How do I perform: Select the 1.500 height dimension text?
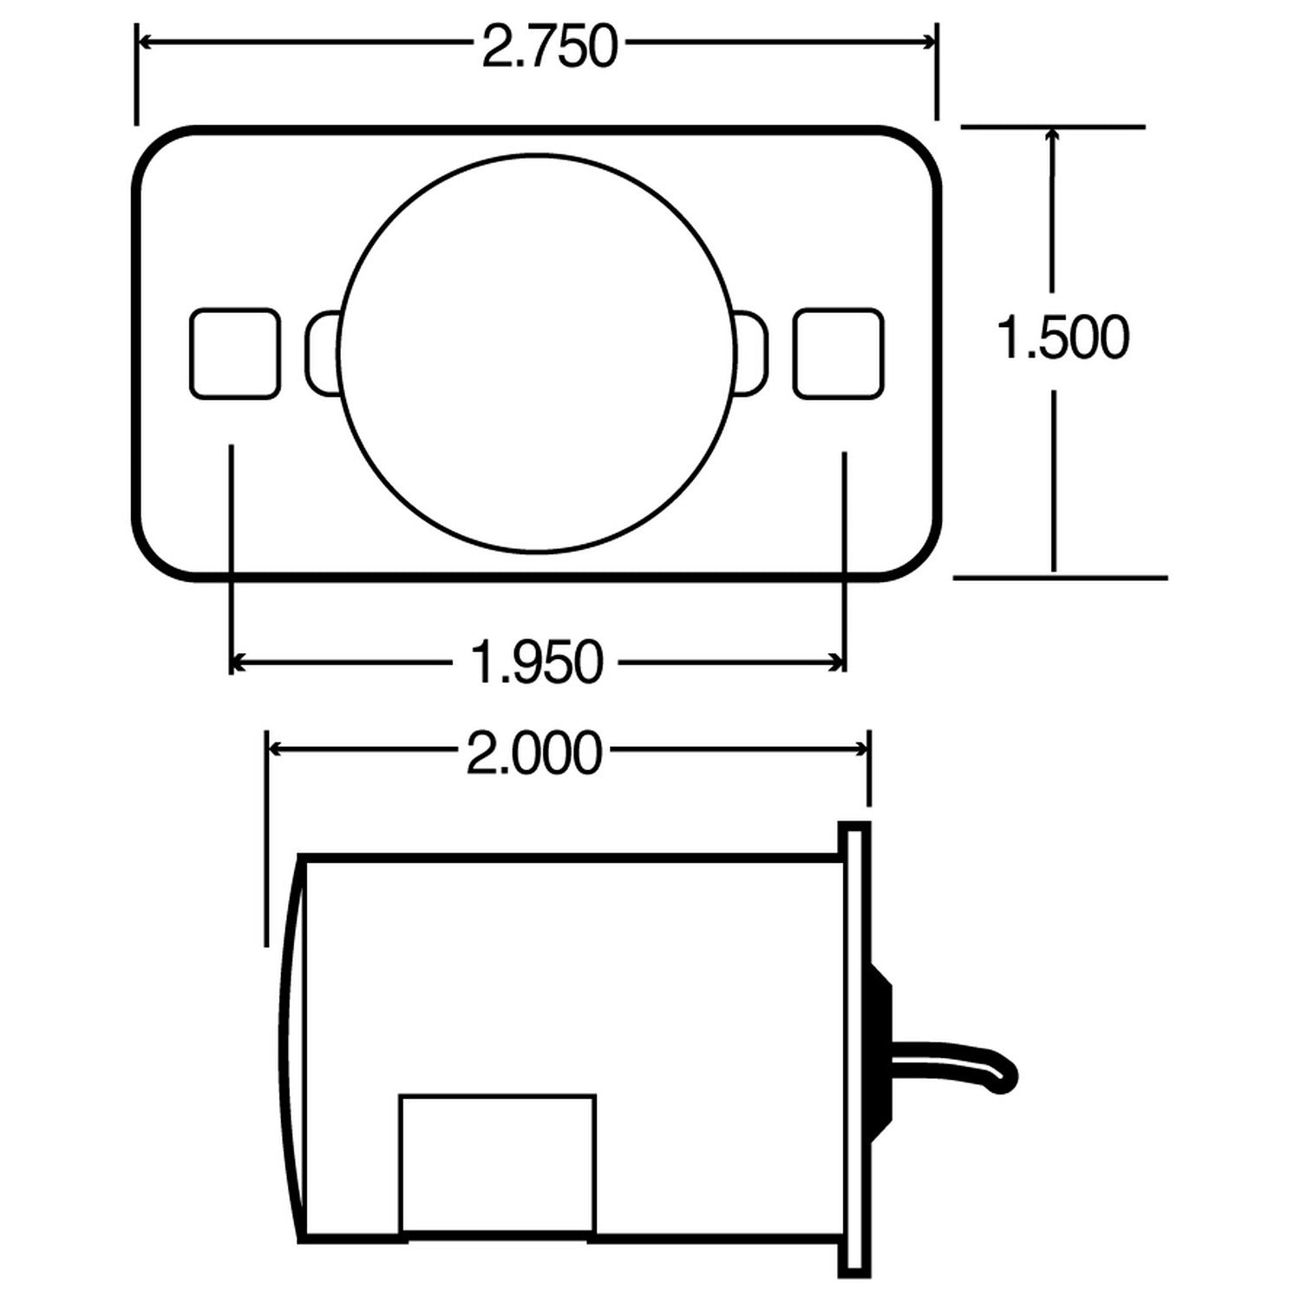(1062, 337)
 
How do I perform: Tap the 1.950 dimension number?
(536, 663)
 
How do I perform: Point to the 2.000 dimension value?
(533, 752)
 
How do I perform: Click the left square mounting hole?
(234, 354)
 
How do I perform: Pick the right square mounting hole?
(838, 354)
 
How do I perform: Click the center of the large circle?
(537, 354)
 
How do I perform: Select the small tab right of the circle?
(752, 354)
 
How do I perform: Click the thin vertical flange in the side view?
(854, 1049)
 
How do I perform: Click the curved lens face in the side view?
(291, 1049)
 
